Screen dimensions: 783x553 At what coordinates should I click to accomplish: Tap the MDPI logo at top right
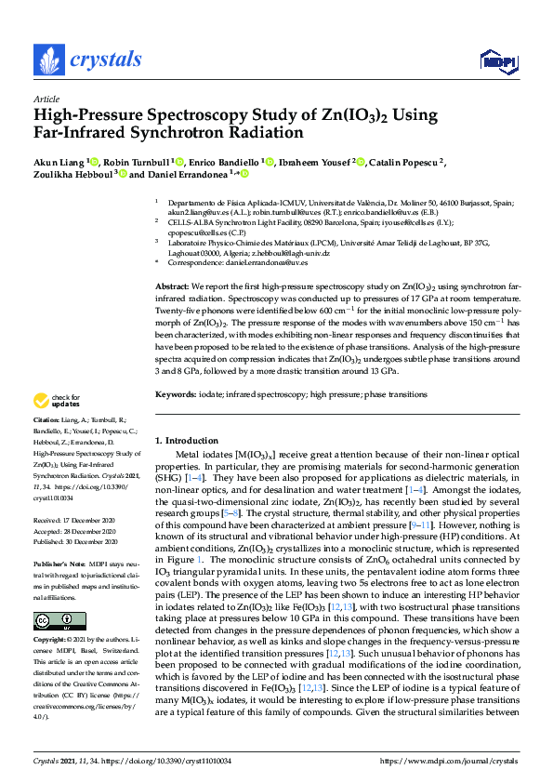(x=497, y=62)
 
